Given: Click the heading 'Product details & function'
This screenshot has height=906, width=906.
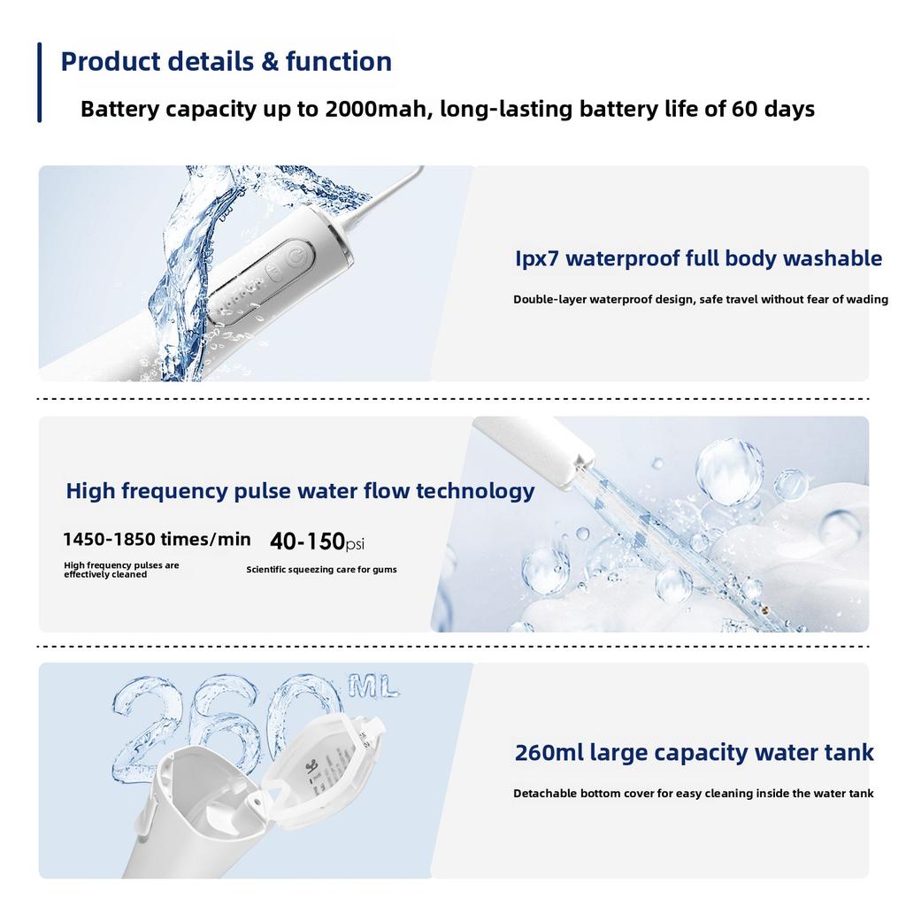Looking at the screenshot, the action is [226, 61].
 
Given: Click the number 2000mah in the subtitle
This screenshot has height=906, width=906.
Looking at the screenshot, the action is [375, 109].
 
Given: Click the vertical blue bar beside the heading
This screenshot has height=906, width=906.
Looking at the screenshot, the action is [39, 82].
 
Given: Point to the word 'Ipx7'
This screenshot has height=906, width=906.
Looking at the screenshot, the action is [537, 258].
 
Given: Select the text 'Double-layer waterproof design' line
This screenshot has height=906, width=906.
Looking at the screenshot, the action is [701, 299].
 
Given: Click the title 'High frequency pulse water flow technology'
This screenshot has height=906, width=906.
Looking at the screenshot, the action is [300, 491].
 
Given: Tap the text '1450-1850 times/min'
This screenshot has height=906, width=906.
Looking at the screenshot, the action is [157, 539].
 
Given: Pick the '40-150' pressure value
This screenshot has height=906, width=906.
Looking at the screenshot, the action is [307, 541].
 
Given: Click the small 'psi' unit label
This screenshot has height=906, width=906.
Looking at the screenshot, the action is [355, 544].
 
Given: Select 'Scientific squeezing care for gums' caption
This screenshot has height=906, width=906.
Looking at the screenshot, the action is [321, 569].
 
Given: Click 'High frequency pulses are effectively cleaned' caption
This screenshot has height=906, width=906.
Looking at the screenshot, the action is [121, 570].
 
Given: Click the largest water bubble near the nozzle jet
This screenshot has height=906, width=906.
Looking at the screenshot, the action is [729, 471].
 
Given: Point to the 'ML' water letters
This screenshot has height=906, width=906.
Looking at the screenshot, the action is [372, 686].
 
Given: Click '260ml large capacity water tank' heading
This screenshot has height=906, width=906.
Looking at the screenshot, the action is [694, 752].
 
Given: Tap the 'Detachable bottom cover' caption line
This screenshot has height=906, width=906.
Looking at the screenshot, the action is [694, 794].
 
